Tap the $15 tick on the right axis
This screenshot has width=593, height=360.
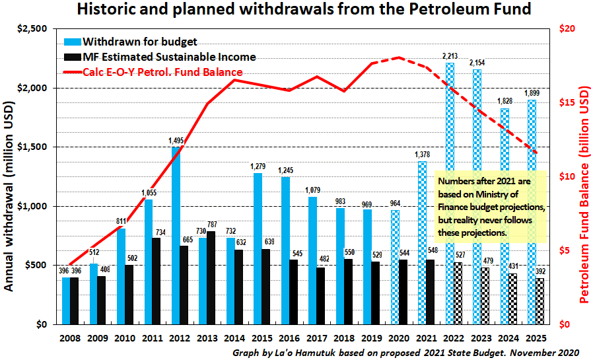click(x=567, y=102)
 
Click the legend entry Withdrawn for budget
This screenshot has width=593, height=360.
click(x=140, y=42)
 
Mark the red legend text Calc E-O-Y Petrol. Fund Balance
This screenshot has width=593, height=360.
click(x=162, y=71)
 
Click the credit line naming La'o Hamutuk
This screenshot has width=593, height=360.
click(x=405, y=353)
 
